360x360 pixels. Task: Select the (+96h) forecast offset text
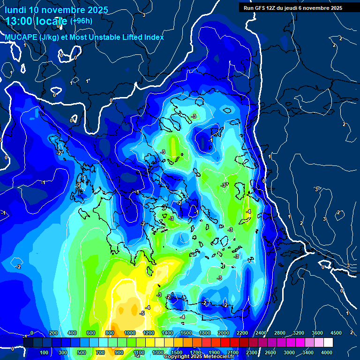point(81,21)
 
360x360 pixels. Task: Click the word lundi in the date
point(15,9)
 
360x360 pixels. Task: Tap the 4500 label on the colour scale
point(336,333)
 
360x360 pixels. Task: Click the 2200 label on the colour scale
point(242,333)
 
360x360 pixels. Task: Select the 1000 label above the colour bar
point(130,333)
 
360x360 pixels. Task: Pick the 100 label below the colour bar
point(45,352)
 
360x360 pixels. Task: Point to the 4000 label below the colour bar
point(327,352)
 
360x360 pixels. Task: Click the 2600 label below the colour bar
point(270,352)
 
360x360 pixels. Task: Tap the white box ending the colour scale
point(328,343)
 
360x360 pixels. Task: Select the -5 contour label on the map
point(142,313)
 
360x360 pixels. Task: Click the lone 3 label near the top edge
point(143,15)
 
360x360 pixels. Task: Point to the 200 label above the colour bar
point(53,333)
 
